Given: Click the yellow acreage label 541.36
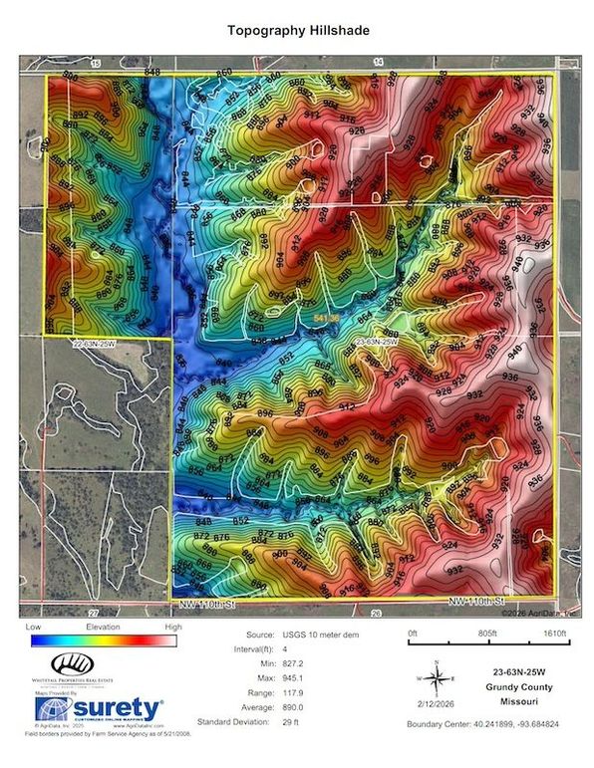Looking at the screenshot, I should pos(327,317).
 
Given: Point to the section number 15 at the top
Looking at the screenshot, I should pos(96,63).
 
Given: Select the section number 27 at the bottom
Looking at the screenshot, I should pos(93,612).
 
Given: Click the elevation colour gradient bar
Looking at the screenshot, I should pos(103,642).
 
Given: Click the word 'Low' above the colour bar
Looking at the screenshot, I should pos(35,630).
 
